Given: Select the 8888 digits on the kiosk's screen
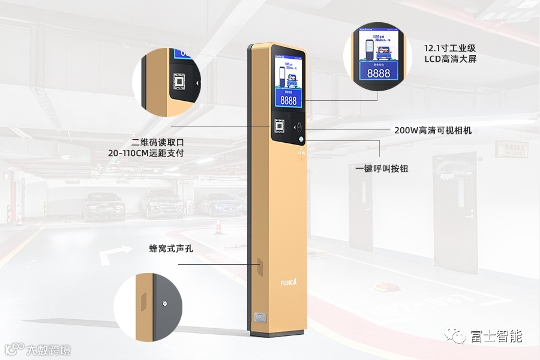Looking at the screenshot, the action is [x=289, y=100].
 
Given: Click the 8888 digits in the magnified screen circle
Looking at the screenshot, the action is [x=378, y=73].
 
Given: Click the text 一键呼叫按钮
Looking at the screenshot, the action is [x=382, y=169].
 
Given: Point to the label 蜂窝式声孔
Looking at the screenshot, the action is [x=171, y=248].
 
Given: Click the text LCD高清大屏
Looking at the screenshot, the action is [x=450, y=59].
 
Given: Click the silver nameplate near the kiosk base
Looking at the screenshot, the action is [x=259, y=316].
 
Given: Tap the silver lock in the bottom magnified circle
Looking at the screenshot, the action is [x=164, y=304].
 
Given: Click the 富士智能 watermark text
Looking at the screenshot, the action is [x=497, y=336].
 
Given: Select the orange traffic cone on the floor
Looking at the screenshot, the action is [x=219, y=226].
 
